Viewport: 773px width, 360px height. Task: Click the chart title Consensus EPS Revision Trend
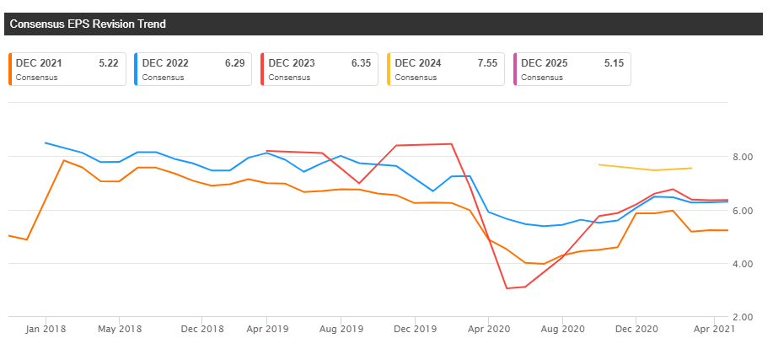pyautogui.click(x=88, y=24)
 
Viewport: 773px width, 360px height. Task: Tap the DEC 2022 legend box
pyautogui.click(x=193, y=69)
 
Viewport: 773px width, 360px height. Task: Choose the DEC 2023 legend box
pyautogui.click(x=319, y=69)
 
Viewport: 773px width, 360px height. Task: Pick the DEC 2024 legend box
pyautogui.click(x=446, y=69)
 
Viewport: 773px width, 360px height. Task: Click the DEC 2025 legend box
pyautogui.click(x=572, y=69)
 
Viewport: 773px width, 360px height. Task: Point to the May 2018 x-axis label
pyautogui.click(x=119, y=329)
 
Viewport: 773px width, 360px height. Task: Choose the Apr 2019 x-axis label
pyautogui.click(x=266, y=329)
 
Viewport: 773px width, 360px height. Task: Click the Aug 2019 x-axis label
pyautogui.click(x=340, y=329)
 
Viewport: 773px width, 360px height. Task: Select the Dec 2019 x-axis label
pyautogui.click(x=414, y=329)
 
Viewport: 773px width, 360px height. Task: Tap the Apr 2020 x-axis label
pyautogui.click(x=488, y=329)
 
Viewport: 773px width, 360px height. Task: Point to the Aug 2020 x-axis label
pyautogui.click(x=562, y=329)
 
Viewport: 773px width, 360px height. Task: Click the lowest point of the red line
pyautogui.click(x=507, y=288)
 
